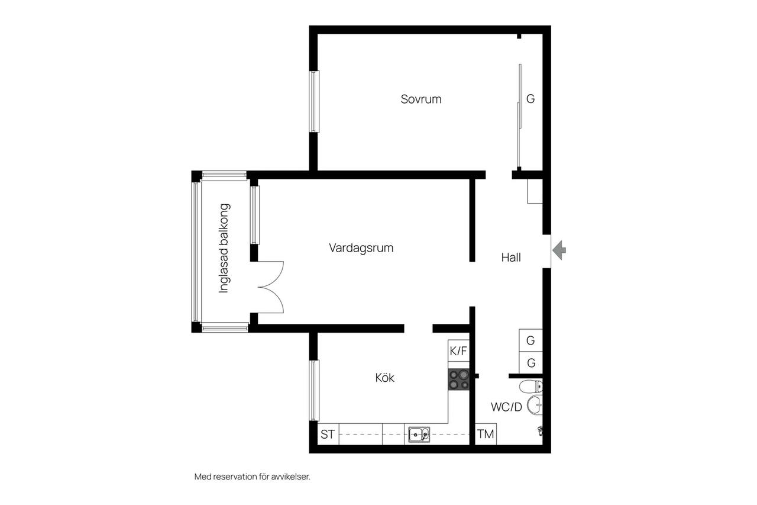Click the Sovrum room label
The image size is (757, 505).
point(420,99)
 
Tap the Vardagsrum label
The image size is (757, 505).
point(361,248)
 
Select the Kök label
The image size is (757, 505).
point(384,378)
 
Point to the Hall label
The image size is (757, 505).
point(510,258)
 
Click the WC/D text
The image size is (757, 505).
point(506,407)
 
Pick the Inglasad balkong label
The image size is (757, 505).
point(224,248)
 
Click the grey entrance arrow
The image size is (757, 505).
point(559,250)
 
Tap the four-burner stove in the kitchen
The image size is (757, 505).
point(458,379)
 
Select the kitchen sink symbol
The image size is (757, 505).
point(419,435)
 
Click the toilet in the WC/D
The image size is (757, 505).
point(531,386)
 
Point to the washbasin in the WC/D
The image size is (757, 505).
point(535,405)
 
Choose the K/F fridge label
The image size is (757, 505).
point(458,351)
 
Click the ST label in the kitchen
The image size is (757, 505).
point(328,435)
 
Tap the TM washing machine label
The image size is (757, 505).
point(486,434)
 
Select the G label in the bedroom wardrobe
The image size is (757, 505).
point(530,99)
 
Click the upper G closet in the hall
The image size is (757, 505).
point(530,340)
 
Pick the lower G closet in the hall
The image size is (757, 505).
point(531,363)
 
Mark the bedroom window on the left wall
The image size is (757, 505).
point(314,101)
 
